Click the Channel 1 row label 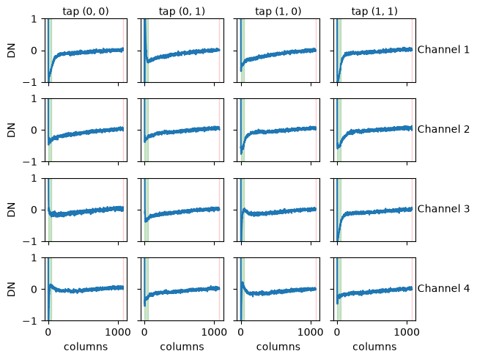point(443,50)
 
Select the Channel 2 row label point(443,129)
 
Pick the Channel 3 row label point(443,209)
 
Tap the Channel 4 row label point(443,288)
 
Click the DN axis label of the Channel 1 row point(11,51)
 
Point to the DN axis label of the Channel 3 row point(11,210)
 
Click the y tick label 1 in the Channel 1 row point(34,19)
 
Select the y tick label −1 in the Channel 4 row point(30,321)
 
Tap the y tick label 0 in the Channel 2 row point(34,131)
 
